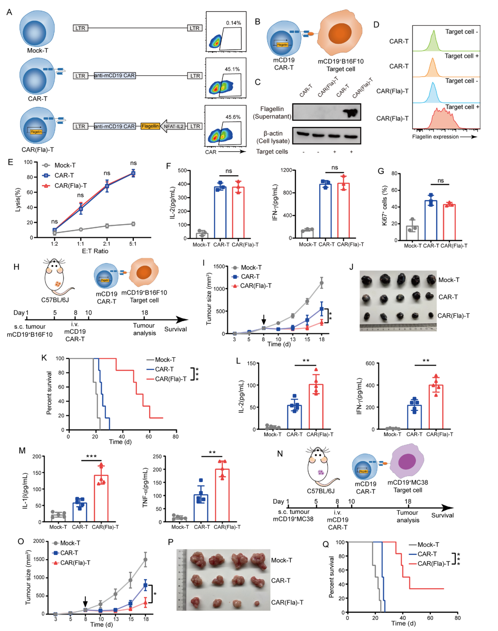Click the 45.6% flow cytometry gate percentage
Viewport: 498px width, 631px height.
(233, 117)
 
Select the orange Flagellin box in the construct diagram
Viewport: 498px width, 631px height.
(150, 126)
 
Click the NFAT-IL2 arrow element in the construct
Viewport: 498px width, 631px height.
(173, 126)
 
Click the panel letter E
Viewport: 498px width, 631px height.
(10, 162)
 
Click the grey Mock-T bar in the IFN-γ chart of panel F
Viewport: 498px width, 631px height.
(308, 234)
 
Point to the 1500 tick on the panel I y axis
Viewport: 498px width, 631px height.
(220, 266)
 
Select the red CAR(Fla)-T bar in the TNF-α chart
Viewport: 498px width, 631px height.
(222, 495)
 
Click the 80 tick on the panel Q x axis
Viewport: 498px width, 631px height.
(457, 618)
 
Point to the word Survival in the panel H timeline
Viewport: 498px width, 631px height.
(175, 329)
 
